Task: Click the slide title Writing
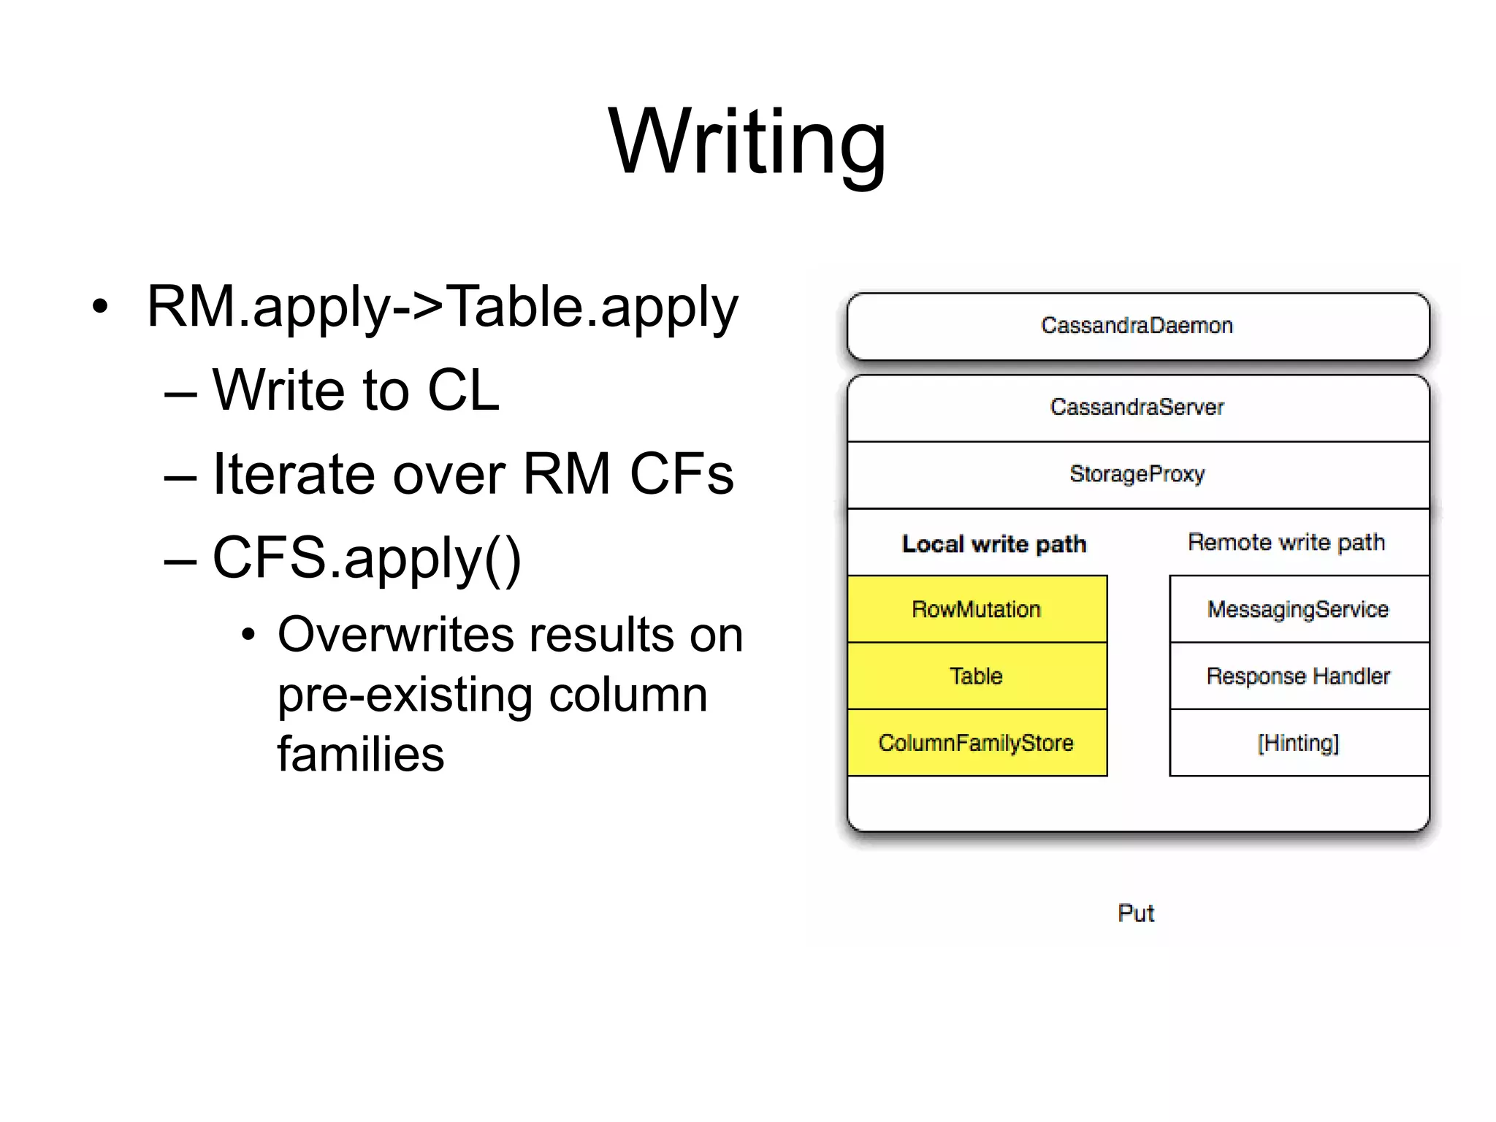point(747,142)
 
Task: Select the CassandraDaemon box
point(1137,326)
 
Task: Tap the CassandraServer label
point(1137,407)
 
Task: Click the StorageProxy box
point(1137,474)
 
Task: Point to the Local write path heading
point(994,544)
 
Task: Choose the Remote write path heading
point(1286,543)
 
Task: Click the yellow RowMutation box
point(977,609)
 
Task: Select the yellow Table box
point(977,676)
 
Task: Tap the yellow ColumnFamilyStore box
point(977,743)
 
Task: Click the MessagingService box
point(1298,609)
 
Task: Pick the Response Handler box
point(1298,676)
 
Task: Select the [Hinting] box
point(1298,743)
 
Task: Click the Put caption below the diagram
point(1136,913)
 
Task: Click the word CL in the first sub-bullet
point(463,391)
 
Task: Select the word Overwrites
point(395,634)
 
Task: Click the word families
point(361,754)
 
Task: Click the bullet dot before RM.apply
point(100,307)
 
